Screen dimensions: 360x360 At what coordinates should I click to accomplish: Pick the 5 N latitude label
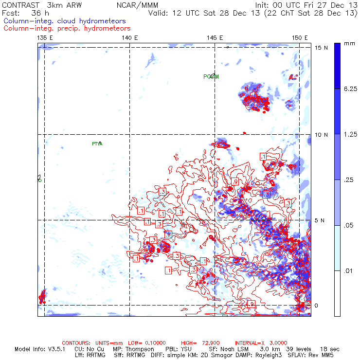point(319,220)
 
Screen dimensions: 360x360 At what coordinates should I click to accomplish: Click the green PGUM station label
point(211,77)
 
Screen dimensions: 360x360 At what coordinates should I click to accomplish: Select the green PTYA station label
point(97,144)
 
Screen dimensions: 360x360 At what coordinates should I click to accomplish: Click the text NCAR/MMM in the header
point(136,5)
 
